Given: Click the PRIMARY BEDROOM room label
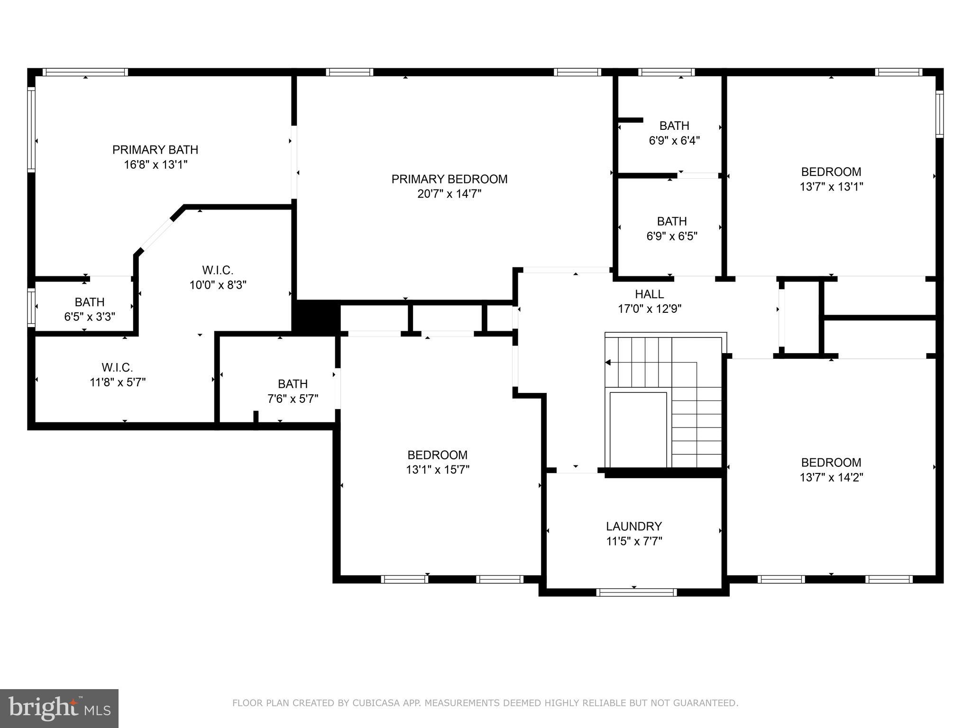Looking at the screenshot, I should click(x=449, y=179).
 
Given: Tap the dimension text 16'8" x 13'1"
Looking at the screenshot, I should click(x=155, y=165).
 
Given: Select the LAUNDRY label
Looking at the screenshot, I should click(x=634, y=527).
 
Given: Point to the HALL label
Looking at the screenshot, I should click(x=649, y=294).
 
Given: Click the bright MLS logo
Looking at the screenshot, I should click(x=59, y=709).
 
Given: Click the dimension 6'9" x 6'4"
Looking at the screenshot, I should click(x=674, y=141).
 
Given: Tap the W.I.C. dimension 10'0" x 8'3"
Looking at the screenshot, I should click(x=218, y=285).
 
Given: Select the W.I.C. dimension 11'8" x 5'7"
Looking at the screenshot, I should click(x=118, y=382).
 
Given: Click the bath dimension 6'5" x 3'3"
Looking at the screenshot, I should click(x=90, y=317).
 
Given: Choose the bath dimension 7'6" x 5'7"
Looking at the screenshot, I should click(x=293, y=399).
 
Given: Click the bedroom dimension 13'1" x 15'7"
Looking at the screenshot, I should click(x=437, y=470).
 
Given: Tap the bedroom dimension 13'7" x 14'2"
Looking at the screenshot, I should click(x=831, y=477).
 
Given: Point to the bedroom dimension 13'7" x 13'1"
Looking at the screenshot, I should click(x=831, y=187).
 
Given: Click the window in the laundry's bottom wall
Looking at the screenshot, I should click(x=636, y=592).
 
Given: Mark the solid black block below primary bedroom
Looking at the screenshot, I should click(x=316, y=317).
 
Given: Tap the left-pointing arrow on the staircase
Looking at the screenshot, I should click(x=608, y=363).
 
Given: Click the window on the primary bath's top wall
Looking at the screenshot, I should click(x=85, y=72).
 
